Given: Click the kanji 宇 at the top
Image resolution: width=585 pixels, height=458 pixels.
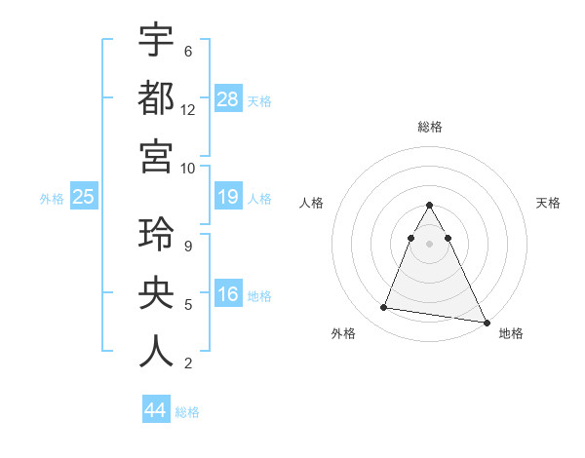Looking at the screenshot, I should (157, 40).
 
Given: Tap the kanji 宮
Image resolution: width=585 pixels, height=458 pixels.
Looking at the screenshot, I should (157, 156).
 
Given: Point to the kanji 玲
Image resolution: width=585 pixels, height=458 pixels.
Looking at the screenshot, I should (157, 237).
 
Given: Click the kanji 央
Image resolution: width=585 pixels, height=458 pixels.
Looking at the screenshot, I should (157, 294).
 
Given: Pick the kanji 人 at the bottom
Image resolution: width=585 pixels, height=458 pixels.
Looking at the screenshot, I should (157, 352).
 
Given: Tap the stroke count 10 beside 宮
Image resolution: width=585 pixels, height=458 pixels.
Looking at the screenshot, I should (188, 168).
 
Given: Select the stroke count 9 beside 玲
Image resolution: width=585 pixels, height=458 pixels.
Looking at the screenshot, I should (187, 248).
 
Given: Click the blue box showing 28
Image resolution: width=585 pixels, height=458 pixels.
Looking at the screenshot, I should (228, 98).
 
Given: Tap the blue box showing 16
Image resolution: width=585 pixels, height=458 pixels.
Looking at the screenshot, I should (228, 295).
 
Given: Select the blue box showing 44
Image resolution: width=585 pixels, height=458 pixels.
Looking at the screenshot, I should (156, 410).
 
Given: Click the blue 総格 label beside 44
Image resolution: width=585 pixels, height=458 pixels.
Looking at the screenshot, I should (187, 412).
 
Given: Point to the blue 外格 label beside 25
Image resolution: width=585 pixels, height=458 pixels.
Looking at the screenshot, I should (52, 199).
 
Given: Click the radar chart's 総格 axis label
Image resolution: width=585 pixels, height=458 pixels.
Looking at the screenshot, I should (429, 127).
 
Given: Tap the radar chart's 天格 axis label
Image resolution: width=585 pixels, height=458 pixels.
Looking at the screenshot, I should (549, 203).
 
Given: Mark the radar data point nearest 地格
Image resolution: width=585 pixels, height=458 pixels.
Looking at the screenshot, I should (486, 322).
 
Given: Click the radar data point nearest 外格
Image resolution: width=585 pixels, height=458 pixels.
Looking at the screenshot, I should (384, 308).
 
